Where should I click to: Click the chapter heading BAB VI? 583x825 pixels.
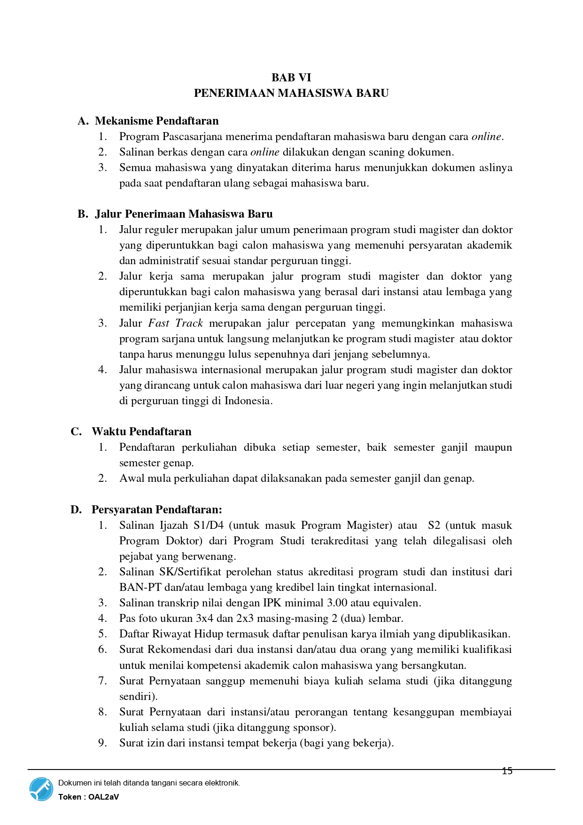291,78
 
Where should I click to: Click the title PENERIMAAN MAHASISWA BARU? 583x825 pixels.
291,93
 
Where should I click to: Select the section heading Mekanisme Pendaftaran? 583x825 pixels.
156,121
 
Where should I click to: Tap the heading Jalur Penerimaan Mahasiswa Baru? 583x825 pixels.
184,214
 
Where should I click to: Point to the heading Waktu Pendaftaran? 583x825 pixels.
141,432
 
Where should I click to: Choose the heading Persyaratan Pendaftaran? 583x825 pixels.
156,510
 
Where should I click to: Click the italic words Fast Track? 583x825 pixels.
175,323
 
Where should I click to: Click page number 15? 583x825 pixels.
507,771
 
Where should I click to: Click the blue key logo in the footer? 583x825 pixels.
41,789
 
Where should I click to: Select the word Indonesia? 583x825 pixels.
248,401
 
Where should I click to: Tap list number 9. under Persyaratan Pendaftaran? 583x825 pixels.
102,743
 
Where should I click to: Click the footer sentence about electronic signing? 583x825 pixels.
149,783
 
